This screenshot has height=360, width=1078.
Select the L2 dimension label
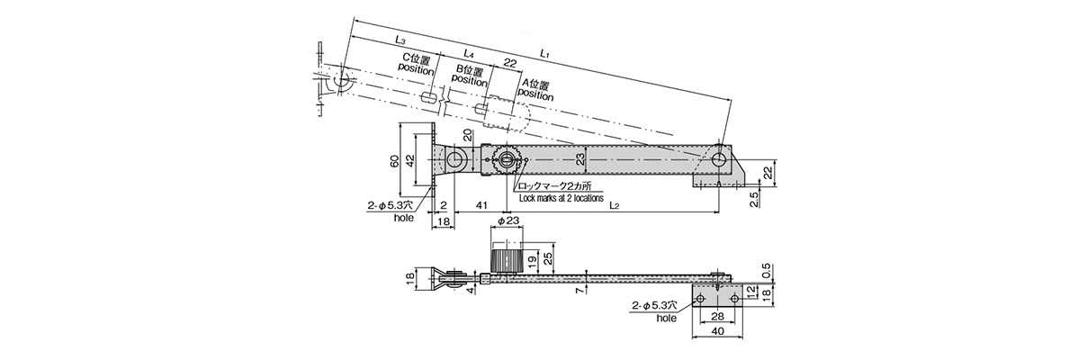614,206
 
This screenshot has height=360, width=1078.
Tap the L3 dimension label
400,40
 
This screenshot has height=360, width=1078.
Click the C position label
417,63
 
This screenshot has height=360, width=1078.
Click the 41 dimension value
481,206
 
